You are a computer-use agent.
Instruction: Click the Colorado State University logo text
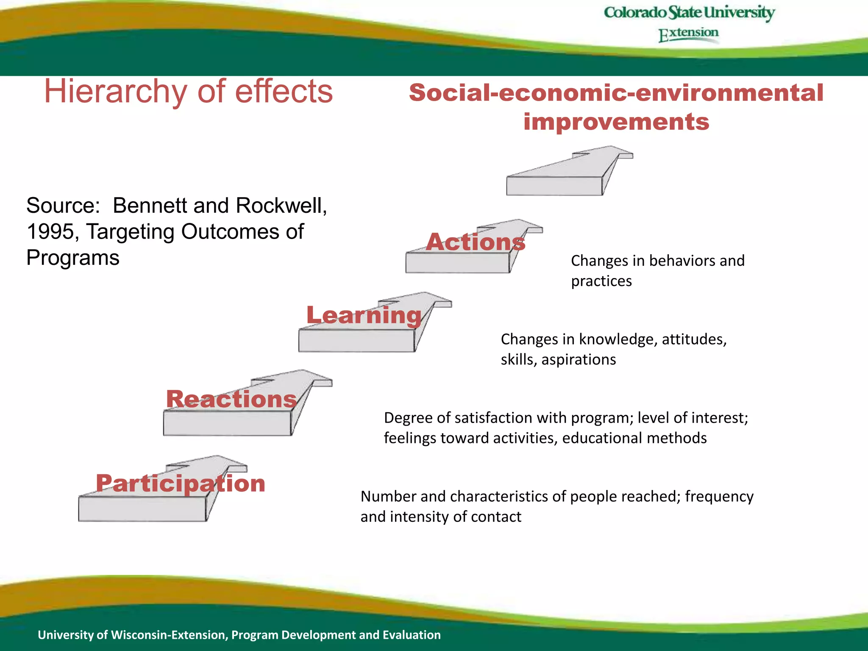point(689,13)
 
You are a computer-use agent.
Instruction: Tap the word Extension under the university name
point(688,33)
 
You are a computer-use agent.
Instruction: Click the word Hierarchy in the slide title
point(115,92)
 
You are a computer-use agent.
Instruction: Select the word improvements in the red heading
point(616,122)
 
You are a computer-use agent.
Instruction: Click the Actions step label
point(476,242)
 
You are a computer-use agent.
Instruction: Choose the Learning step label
point(364,315)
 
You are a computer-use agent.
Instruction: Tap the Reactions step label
point(231,399)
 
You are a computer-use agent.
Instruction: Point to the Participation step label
point(181,483)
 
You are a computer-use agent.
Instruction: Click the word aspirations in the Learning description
point(579,359)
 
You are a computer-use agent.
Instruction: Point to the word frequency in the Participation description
point(719,496)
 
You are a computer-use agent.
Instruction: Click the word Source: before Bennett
point(63,206)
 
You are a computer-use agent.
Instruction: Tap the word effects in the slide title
point(284,92)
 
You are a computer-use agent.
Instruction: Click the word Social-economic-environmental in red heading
point(616,93)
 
